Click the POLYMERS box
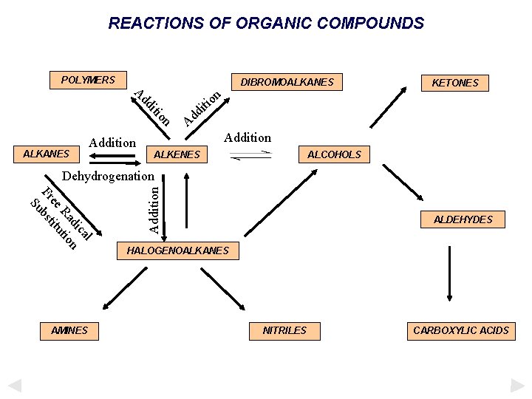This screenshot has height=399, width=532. click(x=88, y=80)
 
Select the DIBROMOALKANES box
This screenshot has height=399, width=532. click(x=287, y=82)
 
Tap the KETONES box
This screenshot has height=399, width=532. click(x=455, y=83)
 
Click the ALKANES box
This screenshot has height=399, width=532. click(x=47, y=154)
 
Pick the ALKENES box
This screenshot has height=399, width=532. click(x=177, y=154)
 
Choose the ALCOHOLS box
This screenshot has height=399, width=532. click(x=334, y=154)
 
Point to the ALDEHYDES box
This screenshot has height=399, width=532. click(x=463, y=219)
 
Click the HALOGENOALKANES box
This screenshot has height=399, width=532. click(x=178, y=251)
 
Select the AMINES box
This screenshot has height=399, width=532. click(x=69, y=330)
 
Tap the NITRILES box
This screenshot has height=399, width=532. click(x=284, y=330)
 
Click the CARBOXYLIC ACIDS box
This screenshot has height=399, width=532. click(x=461, y=330)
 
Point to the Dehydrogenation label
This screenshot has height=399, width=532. click(x=109, y=177)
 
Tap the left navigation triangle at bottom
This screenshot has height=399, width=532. click(x=14, y=385)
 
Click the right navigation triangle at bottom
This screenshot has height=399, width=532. click(x=517, y=385)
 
